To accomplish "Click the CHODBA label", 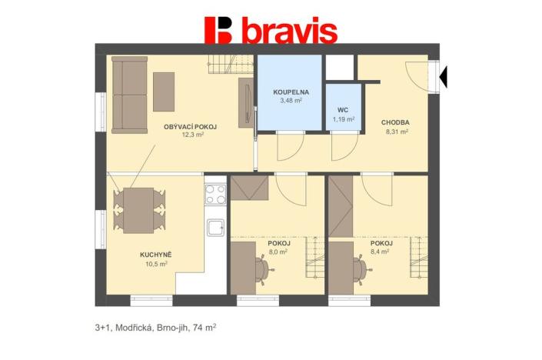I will [395, 122].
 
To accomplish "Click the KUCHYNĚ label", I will [156, 254].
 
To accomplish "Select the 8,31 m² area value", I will [395, 132].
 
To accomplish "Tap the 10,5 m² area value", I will [156, 263].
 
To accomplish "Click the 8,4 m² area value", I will [380, 252].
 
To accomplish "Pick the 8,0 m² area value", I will [278, 252].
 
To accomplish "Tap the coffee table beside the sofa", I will [164, 91].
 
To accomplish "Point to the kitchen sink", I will [215, 227].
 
